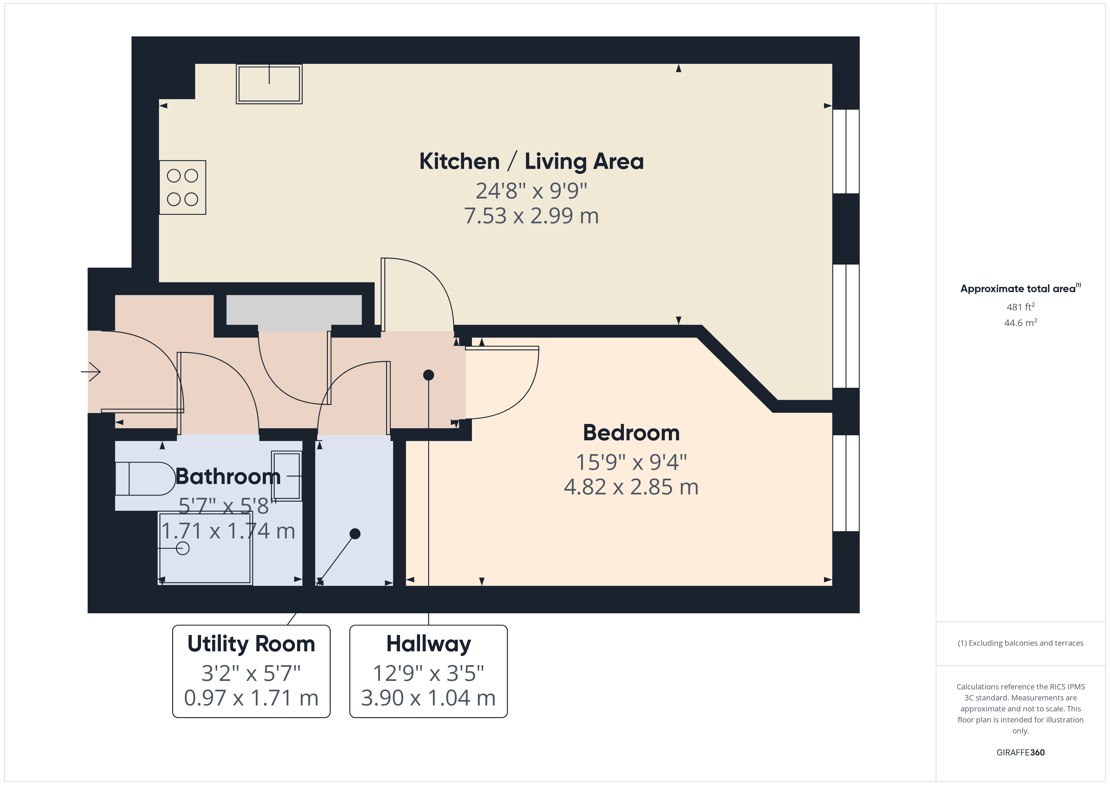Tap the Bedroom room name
pos(631,433)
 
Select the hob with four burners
pos(183,187)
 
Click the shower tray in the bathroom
pos(205,548)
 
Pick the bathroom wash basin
pos(286,476)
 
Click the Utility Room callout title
pos(251,644)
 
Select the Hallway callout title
pos(428,644)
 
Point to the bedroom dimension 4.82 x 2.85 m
pos(631,487)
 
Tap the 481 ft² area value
pos(1020,307)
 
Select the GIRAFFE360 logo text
pos(1020,752)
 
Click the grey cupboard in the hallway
pos(294,310)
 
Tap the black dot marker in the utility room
pos(355,534)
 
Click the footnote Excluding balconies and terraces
pos(1020,643)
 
